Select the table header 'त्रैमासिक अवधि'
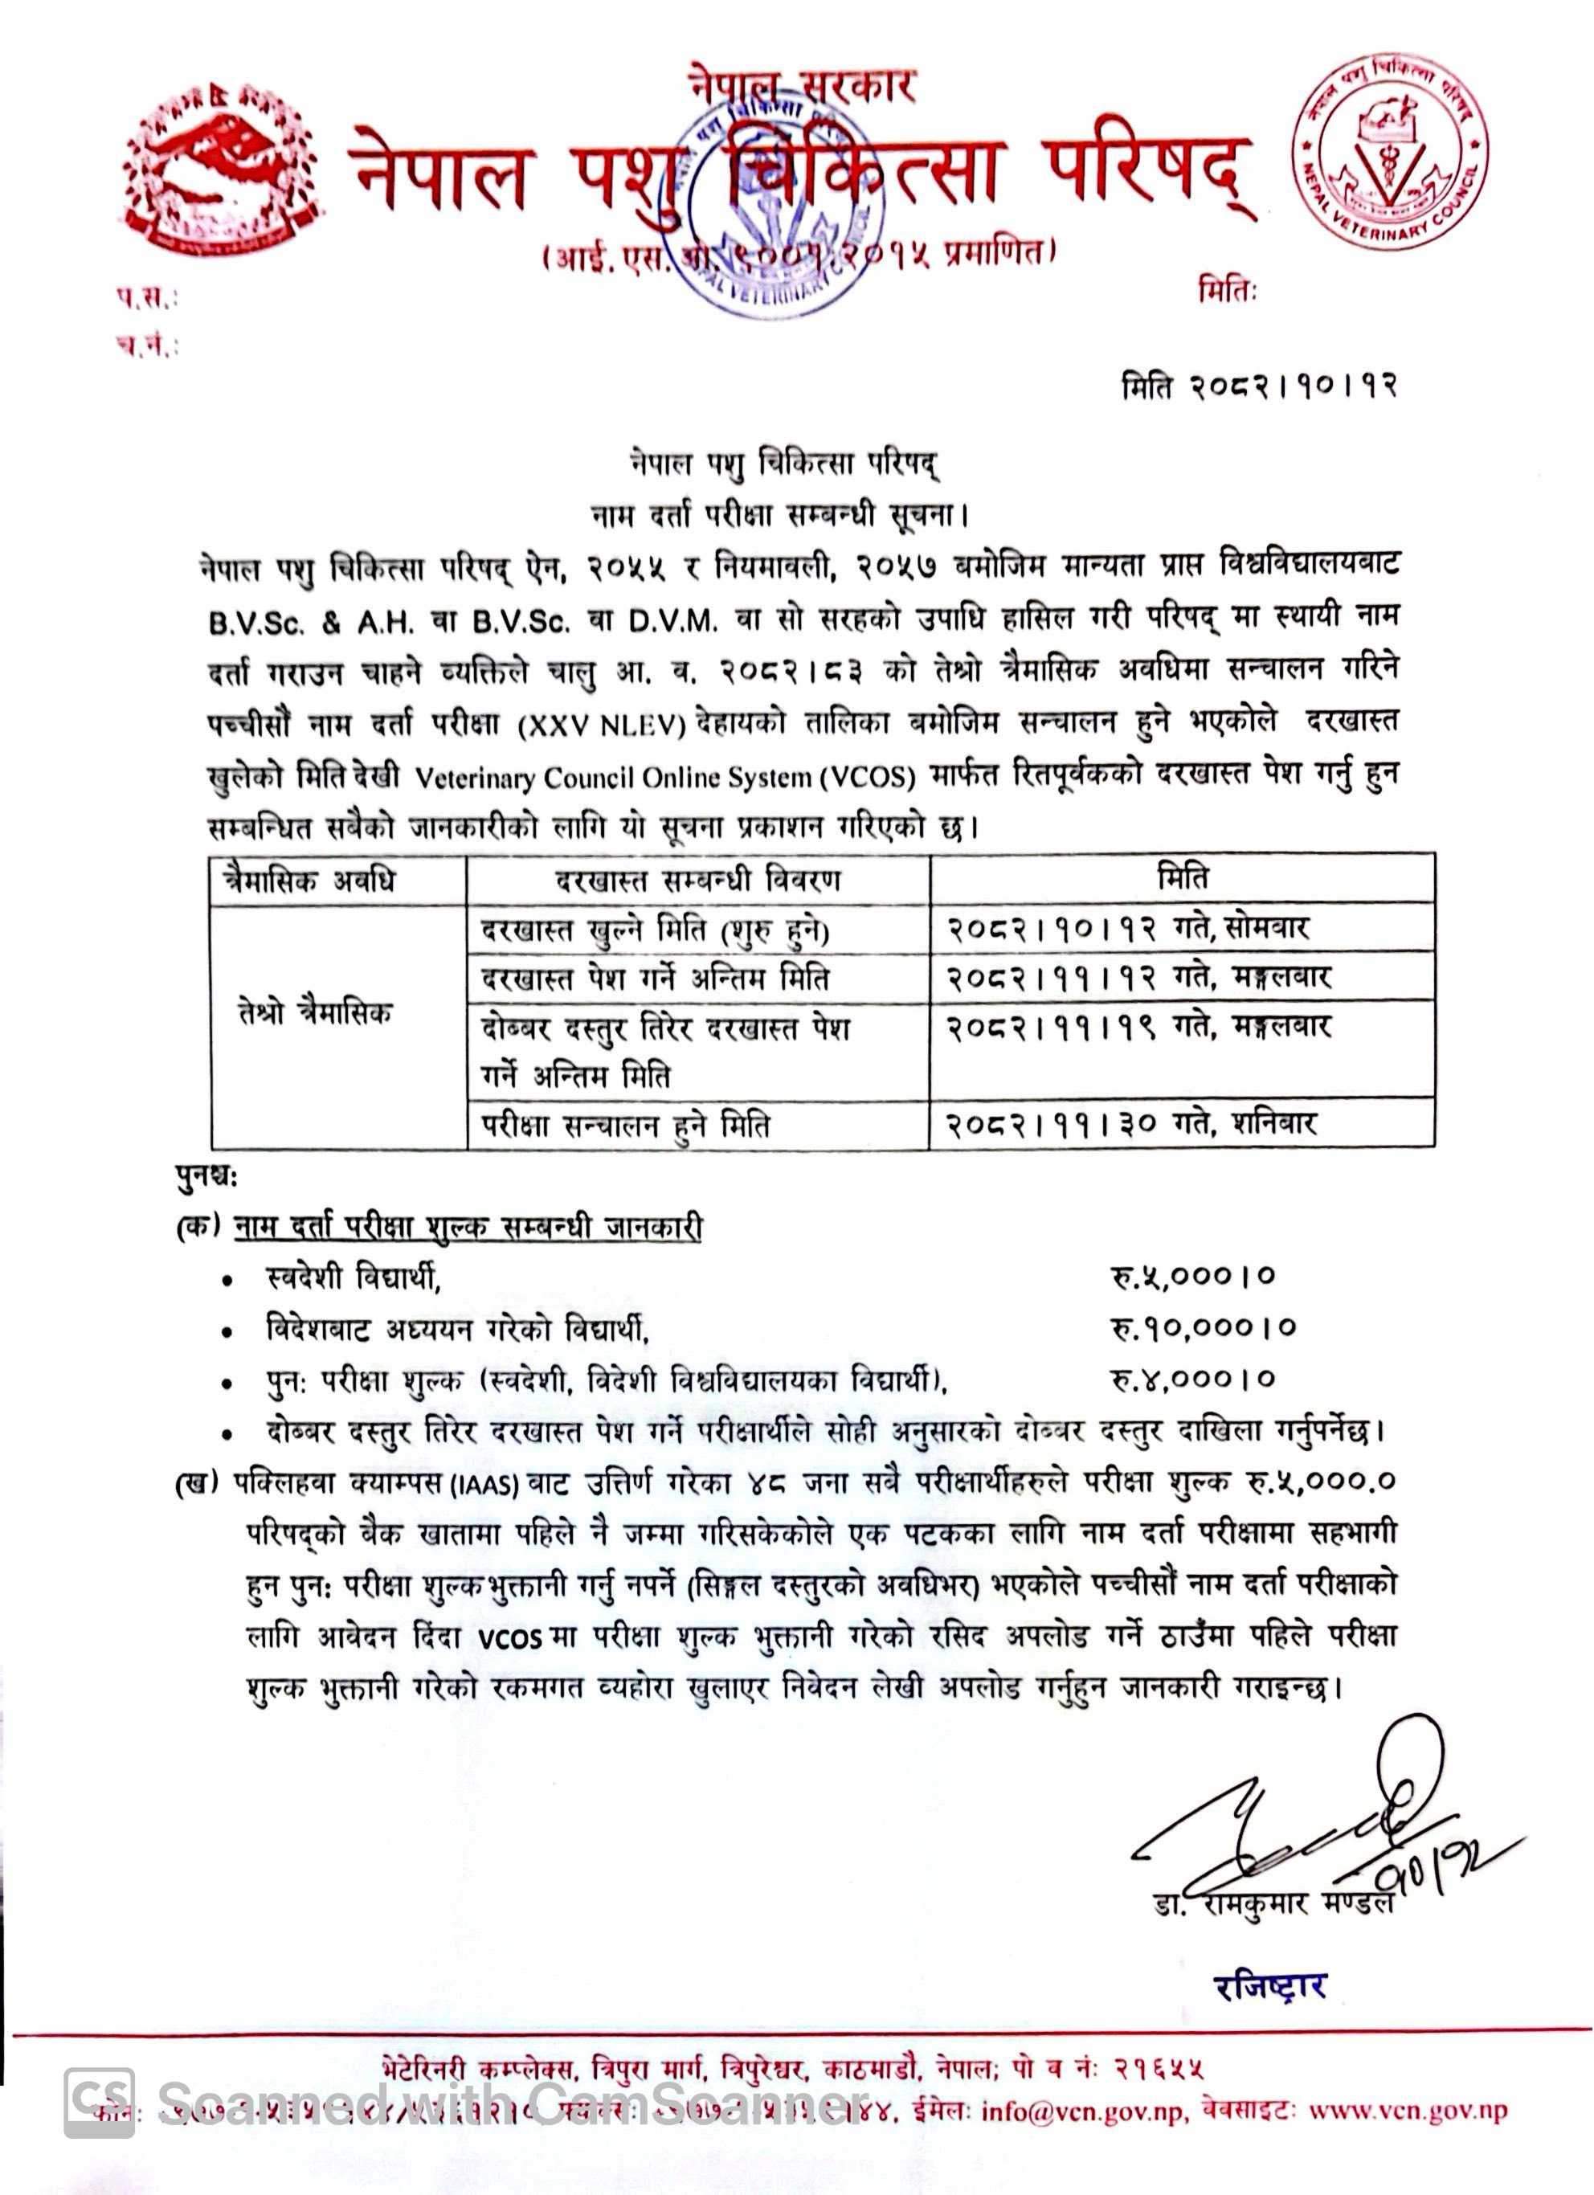[x=309, y=881]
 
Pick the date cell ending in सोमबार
[x=1127, y=928]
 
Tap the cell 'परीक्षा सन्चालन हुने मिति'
[x=626, y=1126]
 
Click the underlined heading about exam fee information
[x=468, y=1226]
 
